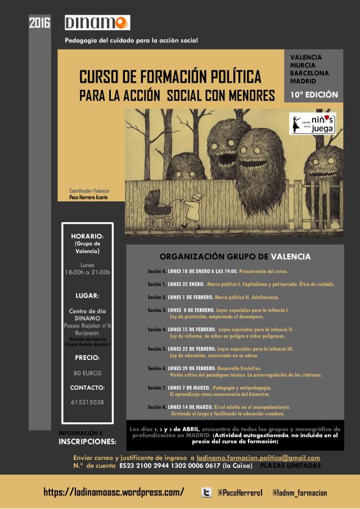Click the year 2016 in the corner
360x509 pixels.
39,23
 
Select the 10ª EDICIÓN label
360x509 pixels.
314,94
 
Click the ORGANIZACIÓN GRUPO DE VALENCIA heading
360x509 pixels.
235,256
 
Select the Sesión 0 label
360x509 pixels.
156,271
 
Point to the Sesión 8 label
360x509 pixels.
156,407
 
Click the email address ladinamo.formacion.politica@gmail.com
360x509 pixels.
258,458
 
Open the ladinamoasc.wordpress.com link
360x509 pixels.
114,493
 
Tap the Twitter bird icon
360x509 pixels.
206,493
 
